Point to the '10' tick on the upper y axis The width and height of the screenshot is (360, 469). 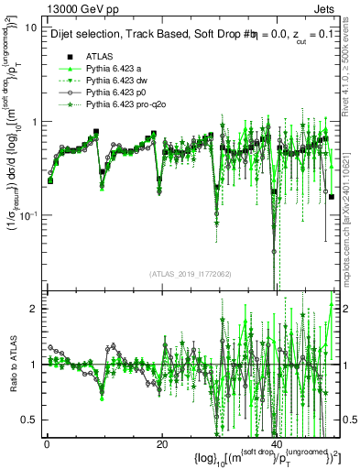click(30, 27)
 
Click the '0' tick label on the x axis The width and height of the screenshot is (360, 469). click(47, 443)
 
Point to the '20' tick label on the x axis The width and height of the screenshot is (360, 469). click(161, 443)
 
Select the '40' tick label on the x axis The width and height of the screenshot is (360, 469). click(277, 443)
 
